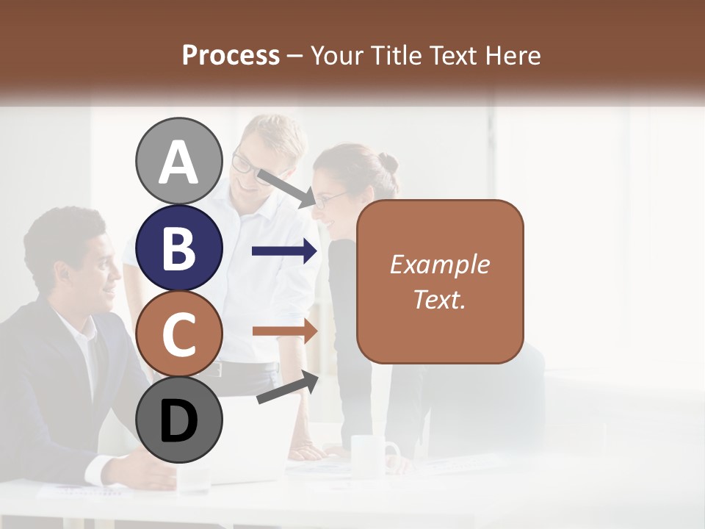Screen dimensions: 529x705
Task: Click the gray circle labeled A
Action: coord(178,161)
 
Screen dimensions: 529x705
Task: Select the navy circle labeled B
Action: coord(178,248)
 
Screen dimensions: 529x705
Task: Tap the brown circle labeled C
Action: coord(178,334)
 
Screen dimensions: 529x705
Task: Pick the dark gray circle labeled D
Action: coord(178,420)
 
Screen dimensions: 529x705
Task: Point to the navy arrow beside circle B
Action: coord(284,251)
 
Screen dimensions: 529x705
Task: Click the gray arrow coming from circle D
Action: coord(287,388)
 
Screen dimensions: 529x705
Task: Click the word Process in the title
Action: coord(231,55)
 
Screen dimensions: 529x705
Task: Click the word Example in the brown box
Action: coord(439,264)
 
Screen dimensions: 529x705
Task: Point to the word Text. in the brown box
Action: coord(439,299)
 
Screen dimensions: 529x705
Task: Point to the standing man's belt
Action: coord(242,368)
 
